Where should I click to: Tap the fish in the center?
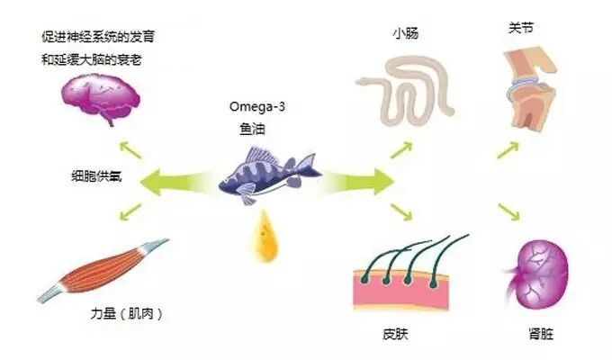pos(268,172)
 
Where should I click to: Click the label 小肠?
pos(403,34)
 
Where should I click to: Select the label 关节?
pos(521,27)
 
